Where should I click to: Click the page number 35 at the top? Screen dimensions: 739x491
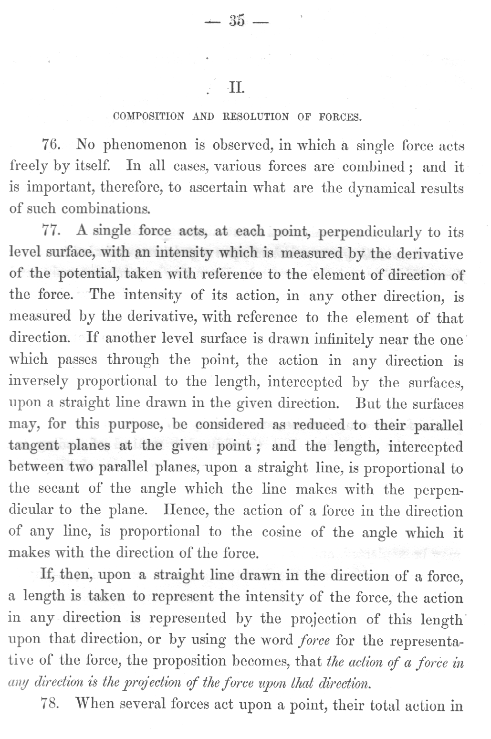click(x=237, y=21)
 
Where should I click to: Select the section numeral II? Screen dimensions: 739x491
click(x=237, y=88)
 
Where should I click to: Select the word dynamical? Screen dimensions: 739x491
click(x=378, y=188)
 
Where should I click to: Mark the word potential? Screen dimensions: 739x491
click(x=89, y=275)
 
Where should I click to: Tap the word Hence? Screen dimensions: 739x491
click(x=179, y=511)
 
